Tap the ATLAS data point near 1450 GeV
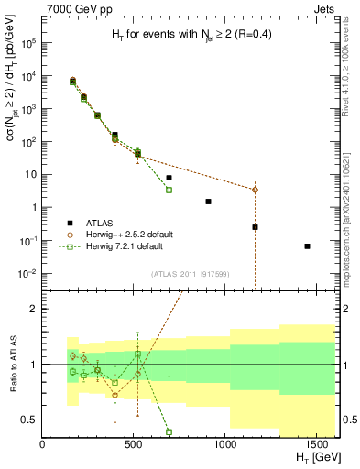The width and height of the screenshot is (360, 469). point(307,245)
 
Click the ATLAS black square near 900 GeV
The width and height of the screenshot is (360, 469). point(208,202)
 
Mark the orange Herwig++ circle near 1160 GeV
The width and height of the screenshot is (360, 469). point(255,190)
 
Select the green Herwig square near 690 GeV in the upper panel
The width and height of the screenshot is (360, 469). point(169,190)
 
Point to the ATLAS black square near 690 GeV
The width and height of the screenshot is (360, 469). point(169,178)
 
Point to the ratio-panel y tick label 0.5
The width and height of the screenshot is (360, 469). point(29,420)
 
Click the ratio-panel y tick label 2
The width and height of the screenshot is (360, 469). point(34,309)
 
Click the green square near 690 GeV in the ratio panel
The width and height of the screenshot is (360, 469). point(169,431)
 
